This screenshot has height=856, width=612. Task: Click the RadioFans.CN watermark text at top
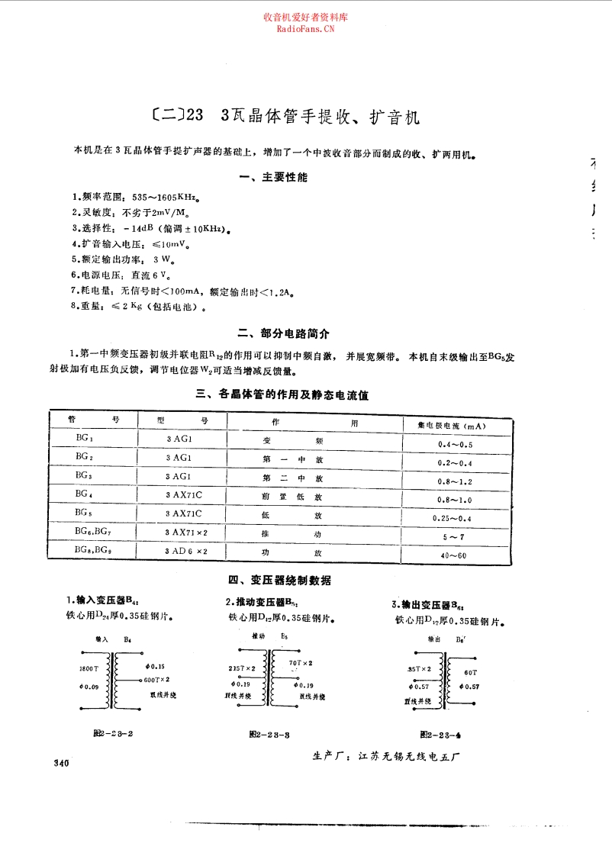tap(305, 29)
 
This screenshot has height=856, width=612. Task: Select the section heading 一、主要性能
tap(273, 178)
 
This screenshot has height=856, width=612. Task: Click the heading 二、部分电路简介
tap(284, 333)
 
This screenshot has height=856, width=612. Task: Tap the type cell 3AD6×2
tap(186, 550)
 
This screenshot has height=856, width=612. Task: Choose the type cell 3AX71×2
tap(186, 531)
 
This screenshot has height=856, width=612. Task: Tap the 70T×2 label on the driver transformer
tap(298, 663)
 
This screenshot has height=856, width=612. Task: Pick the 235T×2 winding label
tap(242, 668)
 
